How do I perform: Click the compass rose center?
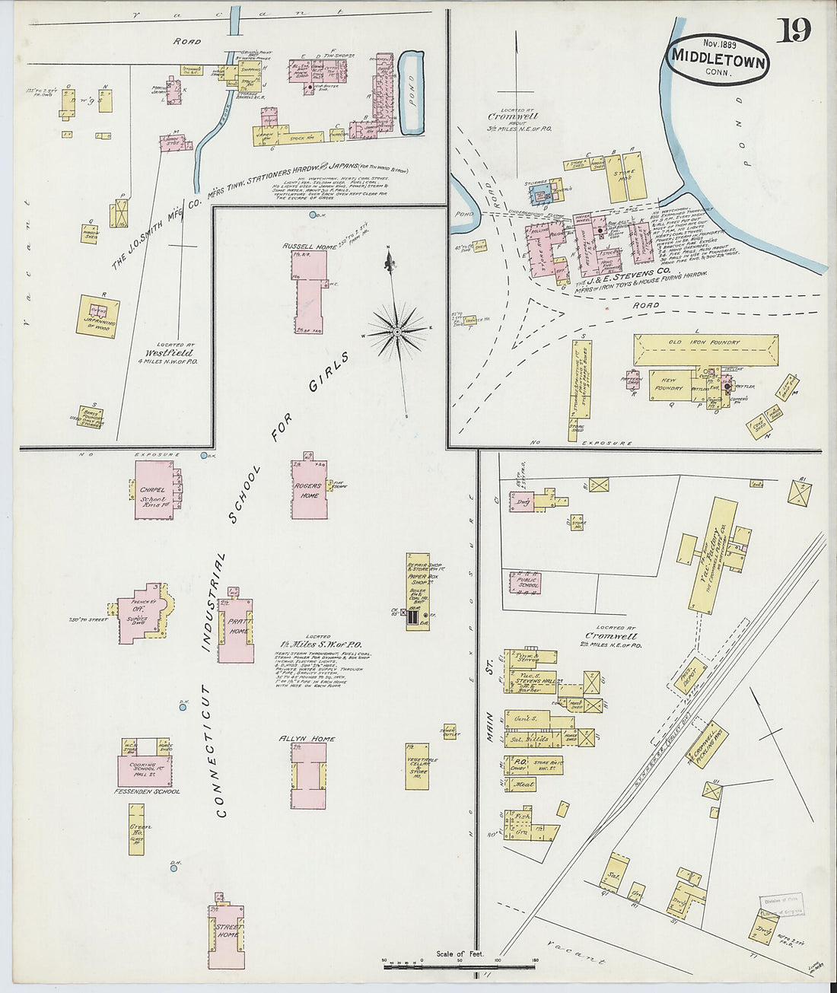[396, 333]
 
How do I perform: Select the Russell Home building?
[310, 293]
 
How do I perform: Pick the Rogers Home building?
[309, 490]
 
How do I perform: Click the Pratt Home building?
[235, 630]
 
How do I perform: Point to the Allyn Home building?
[308, 775]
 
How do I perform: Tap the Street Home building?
[228, 936]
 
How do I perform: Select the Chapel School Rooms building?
[154, 490]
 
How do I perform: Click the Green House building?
[136, 829]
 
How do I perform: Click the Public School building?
[525, 582]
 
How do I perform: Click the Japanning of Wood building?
[97, 316]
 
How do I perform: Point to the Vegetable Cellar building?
[417, 765]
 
